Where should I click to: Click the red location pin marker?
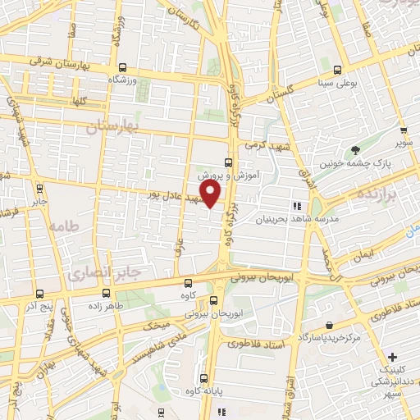tap(211, 194)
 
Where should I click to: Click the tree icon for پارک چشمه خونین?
tap(354, 150)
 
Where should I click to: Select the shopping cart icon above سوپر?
tap(404, 130)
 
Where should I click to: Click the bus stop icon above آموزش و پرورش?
tap(228, 162)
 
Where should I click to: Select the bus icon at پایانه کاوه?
tap(203, 378)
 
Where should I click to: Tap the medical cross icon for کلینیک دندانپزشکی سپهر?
tap(393, 357)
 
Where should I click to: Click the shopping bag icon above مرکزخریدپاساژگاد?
tap(329, 324)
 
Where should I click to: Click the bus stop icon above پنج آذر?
tap(39, 292)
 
